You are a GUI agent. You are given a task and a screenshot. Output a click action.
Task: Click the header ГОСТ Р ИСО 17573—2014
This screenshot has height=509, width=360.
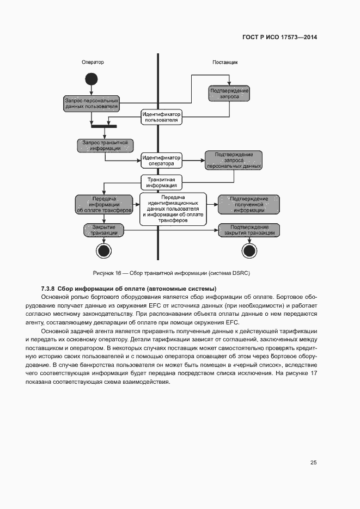(x=279, y=38)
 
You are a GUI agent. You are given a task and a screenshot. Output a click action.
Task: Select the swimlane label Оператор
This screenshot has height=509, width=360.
(x=93, y=62)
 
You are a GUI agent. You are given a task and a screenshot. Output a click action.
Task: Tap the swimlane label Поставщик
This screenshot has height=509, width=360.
(x=224, y=62)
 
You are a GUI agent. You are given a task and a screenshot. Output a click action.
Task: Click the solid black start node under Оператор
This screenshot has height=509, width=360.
(x=91, y=79)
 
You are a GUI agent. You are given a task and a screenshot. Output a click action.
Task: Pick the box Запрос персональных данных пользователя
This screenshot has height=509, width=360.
(x=91, y=103)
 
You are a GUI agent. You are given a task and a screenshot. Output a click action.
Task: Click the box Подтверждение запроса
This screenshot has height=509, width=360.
(x=229, y=93)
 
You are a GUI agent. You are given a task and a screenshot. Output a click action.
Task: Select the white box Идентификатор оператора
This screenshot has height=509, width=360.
(x=161, y=160)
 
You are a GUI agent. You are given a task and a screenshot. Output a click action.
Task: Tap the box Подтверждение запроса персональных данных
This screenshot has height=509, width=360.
(x=234, y=160)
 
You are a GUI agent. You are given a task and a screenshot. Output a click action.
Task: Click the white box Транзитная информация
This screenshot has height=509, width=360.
(x=161, y=182)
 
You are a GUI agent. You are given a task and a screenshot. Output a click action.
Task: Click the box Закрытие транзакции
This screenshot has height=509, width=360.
(x=103, y=230)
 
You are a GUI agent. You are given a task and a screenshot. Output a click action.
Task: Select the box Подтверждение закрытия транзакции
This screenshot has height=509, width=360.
(x=249, y=230)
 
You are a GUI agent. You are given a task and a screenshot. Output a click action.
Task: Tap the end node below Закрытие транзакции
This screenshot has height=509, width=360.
(x=103, y=250)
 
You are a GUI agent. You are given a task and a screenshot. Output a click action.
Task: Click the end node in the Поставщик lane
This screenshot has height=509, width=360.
(x=249, y=250)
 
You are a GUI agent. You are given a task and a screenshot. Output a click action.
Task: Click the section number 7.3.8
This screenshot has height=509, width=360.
(x=48, y=288)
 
